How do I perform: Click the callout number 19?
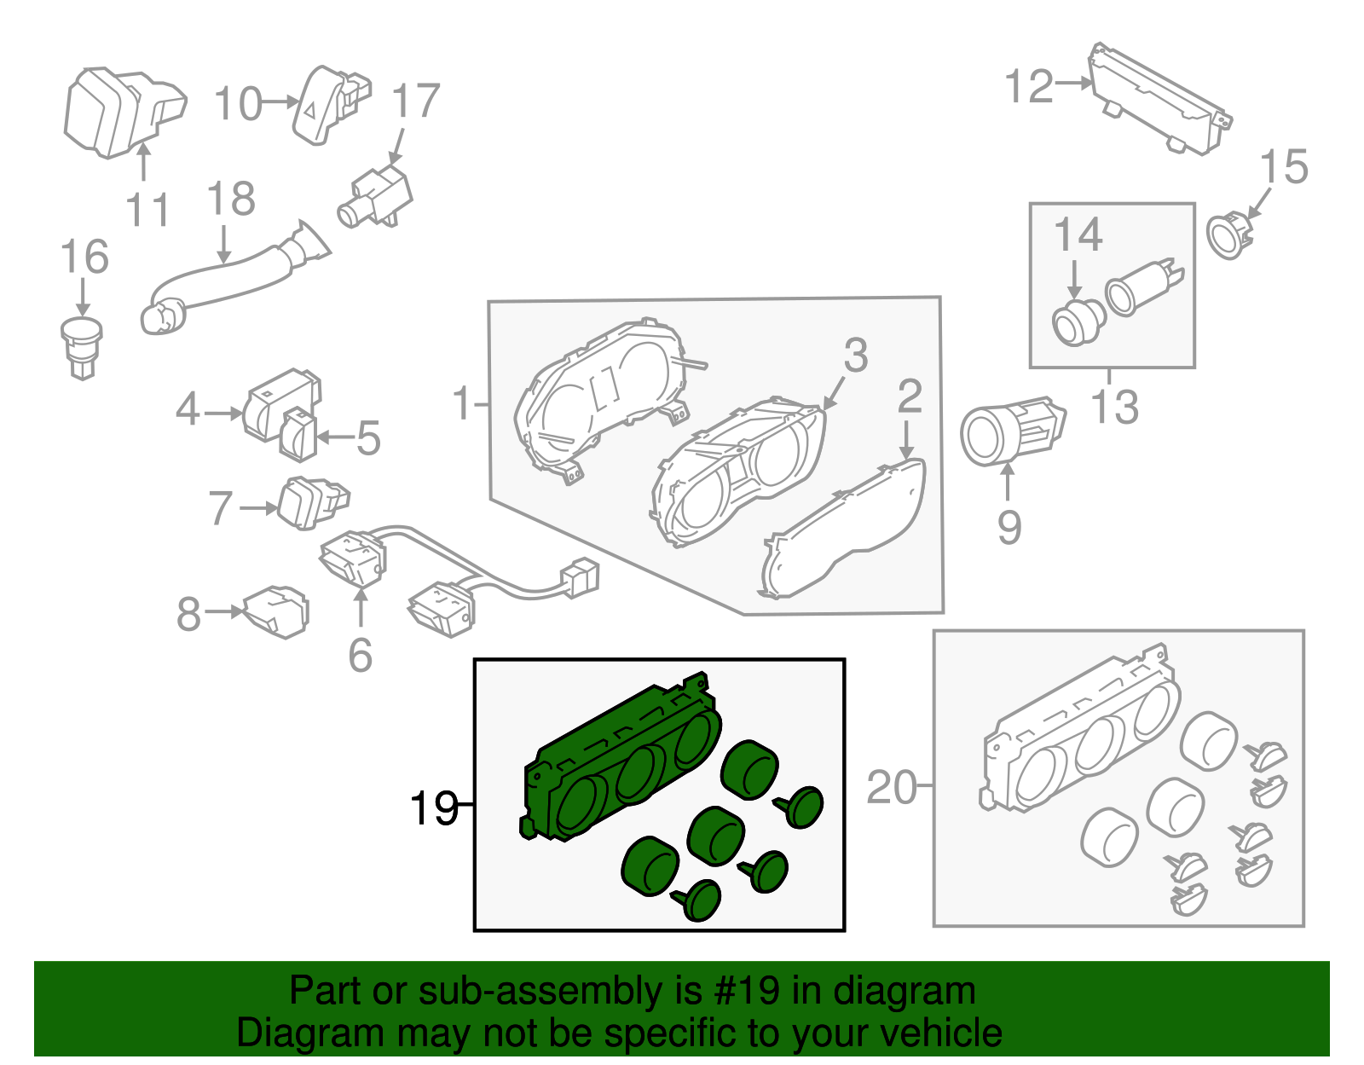point(434,807)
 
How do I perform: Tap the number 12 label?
point(1029,86)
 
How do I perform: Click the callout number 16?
point(84,257)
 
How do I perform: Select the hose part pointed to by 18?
point(230,276)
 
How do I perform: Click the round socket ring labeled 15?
point(1228,235)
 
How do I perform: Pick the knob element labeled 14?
point(1078,322)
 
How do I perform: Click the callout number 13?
point(1114,407)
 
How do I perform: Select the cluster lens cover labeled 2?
point(844,534)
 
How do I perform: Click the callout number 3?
point(856,355)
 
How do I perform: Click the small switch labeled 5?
point(298,434)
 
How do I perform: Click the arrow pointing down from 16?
point(83,298)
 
